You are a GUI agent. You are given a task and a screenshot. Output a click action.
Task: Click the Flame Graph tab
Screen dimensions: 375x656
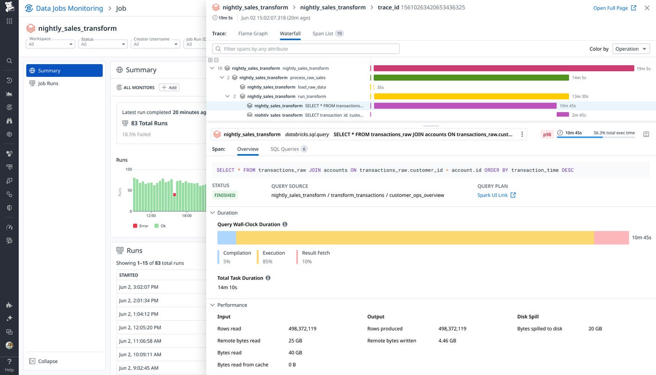tap(253, 34)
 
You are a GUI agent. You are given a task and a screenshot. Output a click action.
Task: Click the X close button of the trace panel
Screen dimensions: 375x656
tap(647, 8)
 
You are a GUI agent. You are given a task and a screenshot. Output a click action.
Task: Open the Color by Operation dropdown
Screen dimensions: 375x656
tap(631, 49)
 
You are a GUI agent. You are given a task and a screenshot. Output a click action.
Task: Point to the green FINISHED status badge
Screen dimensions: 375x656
tap(225, 195)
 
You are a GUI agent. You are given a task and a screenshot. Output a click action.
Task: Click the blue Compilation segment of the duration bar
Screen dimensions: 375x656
tap(227, 238)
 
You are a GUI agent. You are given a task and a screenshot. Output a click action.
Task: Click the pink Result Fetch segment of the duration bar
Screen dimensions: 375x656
tap(611, 238)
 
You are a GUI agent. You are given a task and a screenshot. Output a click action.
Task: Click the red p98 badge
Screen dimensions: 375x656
tap(547, 135)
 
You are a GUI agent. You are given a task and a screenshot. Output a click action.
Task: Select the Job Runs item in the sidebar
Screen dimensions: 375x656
tap(48, 83)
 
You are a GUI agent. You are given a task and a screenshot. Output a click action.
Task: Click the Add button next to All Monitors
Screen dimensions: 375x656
tap(169, 88)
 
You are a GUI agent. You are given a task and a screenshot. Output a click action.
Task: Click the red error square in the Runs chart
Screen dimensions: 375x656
tap(175, 195)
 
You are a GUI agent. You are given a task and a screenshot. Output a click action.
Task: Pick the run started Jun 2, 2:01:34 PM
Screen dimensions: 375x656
tap(138, 300)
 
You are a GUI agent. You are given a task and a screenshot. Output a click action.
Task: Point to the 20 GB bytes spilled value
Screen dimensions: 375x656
tap(595, 329)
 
